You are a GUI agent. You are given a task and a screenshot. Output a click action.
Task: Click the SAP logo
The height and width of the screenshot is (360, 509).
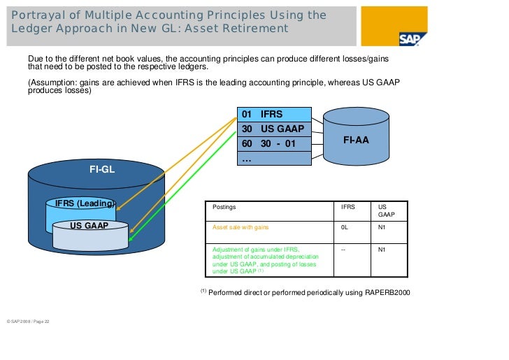(x=413, y=39)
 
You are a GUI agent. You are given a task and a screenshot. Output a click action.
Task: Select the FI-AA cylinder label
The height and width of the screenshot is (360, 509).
(x=356, y=141)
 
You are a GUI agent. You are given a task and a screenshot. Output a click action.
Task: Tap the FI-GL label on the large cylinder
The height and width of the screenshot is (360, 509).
(x=102, y=168)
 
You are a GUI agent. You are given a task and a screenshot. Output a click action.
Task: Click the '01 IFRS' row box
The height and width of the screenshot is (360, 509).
(x=273, y=114)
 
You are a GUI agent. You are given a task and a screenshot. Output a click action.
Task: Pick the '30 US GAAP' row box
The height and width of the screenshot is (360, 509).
(x=273, y=129)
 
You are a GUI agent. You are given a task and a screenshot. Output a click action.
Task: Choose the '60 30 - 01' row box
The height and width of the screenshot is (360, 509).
(x=273, y=144)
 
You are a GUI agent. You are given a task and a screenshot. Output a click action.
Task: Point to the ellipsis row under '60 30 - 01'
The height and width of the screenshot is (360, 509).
(x=273, y=159)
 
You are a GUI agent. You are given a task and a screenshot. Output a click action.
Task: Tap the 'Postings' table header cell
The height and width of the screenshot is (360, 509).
(x=224, y=208)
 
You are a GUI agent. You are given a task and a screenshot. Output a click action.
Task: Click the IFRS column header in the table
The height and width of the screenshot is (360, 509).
(x=347, y=208)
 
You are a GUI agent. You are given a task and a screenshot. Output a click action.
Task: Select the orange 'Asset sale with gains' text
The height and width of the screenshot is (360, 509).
(x=241, y=228)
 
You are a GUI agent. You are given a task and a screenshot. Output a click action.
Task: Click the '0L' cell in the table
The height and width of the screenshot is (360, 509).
(x=345, y=228)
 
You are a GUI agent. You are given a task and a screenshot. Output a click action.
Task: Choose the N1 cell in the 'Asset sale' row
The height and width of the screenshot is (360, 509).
(x=382, y=228)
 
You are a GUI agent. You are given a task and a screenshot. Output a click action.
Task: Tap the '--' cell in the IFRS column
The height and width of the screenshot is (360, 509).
(x=343, y=249)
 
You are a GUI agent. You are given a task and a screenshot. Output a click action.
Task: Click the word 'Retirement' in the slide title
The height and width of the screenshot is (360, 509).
(x=253, y=29)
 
